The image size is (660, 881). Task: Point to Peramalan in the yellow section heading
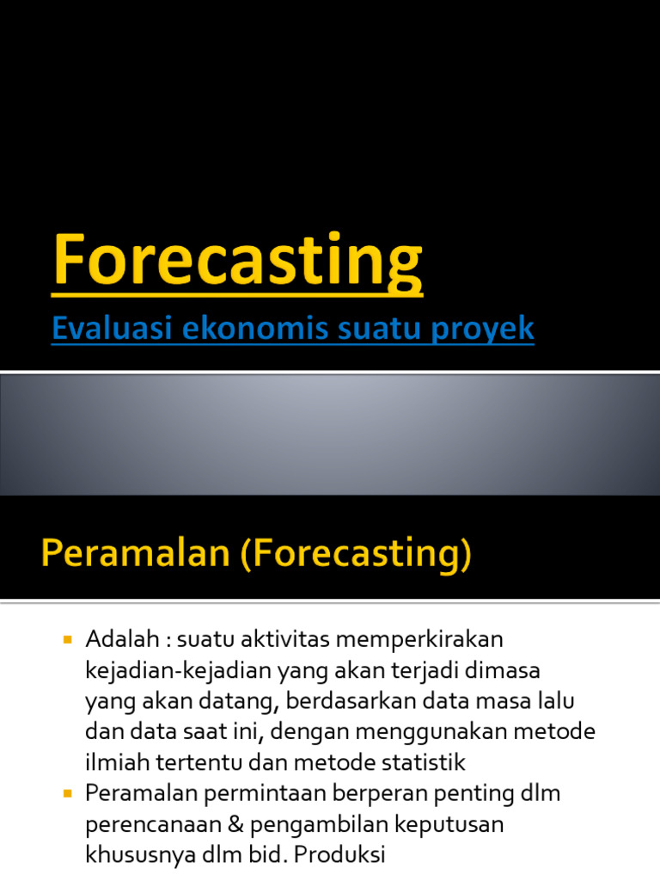[135, 552]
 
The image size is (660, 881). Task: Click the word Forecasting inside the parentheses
[356, 553]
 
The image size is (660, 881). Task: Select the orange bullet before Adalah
[68, 639]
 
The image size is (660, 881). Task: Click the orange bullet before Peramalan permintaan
[68, 793]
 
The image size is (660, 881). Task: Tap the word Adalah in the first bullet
[122, 639]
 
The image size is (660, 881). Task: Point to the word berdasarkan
[351, 701]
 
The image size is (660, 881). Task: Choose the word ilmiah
[117, 762]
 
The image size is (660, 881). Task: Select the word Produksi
[339, 854]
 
